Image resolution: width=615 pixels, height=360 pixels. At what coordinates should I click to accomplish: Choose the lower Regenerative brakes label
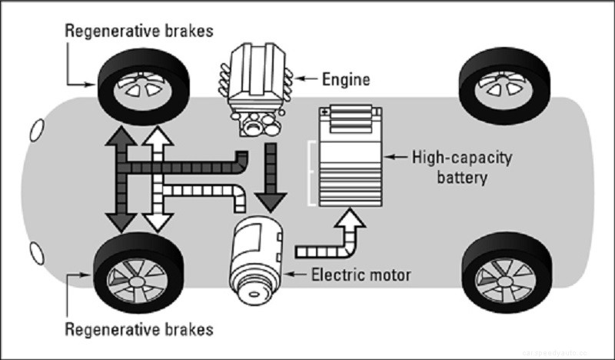click(x=138, y=332)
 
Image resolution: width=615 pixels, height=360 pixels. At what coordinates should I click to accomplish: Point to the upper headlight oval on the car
click(x=35, y=130)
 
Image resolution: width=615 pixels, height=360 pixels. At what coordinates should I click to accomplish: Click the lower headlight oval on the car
click(x=35, y=254)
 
